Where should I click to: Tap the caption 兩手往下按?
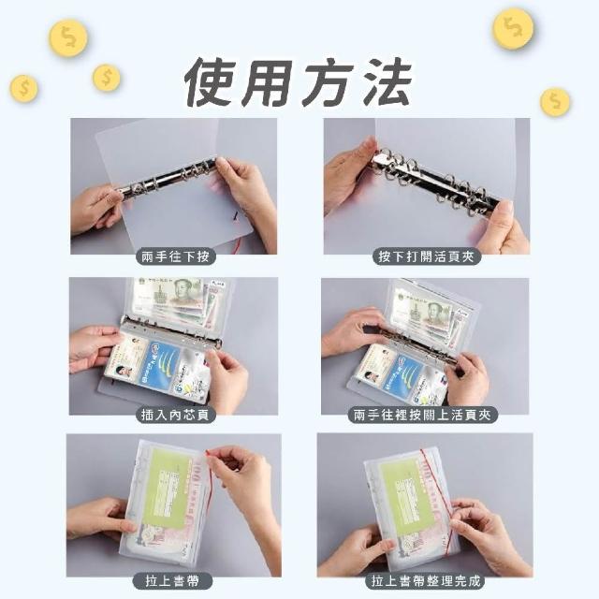coord(175,256)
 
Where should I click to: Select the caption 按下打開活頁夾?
coord(426,256)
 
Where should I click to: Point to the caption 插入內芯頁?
coord(175,415)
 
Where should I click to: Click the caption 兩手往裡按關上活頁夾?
coord(422,415)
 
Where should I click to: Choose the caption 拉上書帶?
coord(172,581)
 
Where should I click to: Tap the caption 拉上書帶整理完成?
coord(426,581)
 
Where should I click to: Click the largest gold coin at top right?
coord(513,29)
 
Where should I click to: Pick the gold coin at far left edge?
coord(23,89)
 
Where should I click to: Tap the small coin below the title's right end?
coord(555,102)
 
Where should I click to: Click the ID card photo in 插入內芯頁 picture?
coord(123,372)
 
